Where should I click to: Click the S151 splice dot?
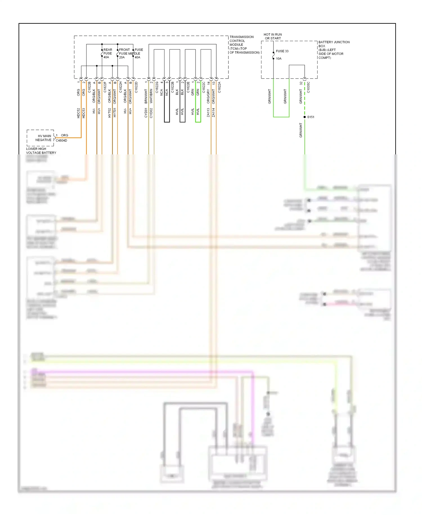coord(305,117)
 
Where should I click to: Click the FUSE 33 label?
coord(282,51)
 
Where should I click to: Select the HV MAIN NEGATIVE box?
coord(41,138)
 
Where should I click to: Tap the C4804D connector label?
coord(61,141)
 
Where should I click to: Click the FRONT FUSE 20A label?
coord(124,53)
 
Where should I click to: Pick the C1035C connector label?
coord(308,87)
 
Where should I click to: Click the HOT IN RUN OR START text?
coord(273,36)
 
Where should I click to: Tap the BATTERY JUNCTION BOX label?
coord(334,50)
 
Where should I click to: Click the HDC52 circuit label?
coord(78,113)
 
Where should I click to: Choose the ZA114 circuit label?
coord(214,112)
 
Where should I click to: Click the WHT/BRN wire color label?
coord(151,96)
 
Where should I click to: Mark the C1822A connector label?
coord(219,87)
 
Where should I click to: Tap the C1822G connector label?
coord(157,87)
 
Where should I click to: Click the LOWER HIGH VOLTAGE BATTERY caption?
coord(41,151)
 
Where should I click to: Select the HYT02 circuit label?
coord(110,113)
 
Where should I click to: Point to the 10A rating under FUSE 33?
coord(279,59)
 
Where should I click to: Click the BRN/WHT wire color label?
coord(146,96)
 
